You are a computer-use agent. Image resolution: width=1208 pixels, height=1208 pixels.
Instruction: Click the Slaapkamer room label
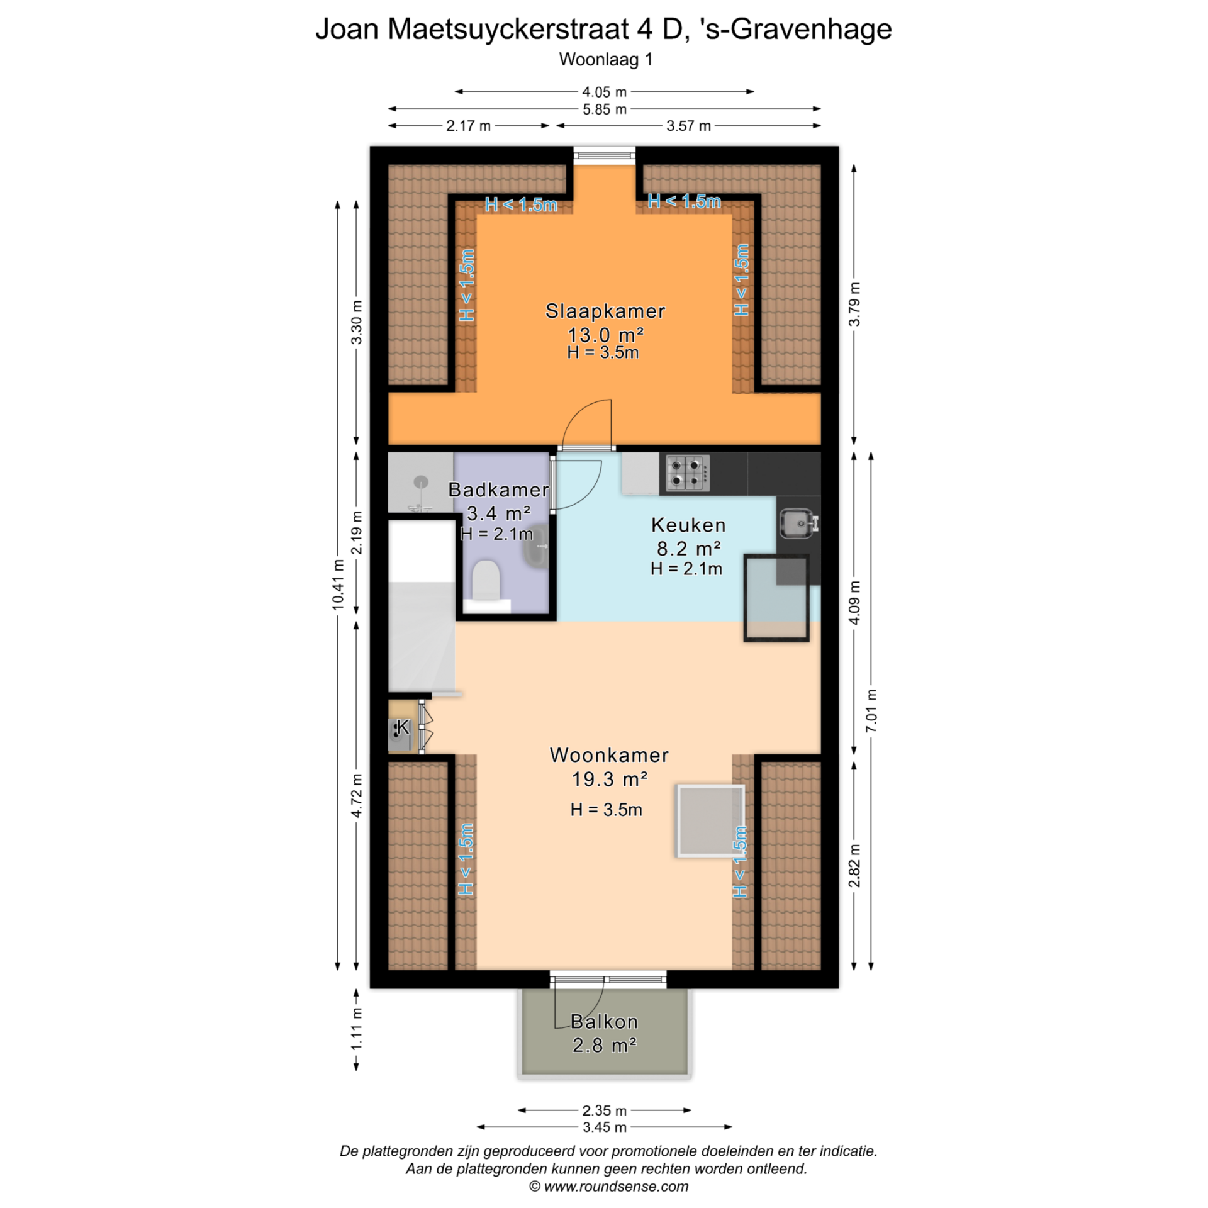pyautogui.click(x=605, y=311)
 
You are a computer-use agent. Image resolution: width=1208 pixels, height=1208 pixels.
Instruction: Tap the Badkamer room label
pyautogui.click(x=498, y=489)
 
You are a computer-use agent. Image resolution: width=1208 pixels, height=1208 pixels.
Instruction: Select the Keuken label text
pyautogui.click(x=688, y=525)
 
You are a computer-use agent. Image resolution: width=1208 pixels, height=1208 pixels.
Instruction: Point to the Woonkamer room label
pyautogui.click(x=609, y=755)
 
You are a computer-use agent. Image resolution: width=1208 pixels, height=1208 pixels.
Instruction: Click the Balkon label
pyautogui.click(x=604, y=1022)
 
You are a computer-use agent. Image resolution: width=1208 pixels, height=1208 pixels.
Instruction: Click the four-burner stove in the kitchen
pyautogui.click(x=688, y=473)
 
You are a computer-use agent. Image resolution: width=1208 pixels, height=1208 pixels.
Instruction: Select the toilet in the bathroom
pyautogui.click(x=486, y=579)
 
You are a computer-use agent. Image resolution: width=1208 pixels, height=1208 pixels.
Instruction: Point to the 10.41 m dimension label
pyautogui.click(x=338, y=584)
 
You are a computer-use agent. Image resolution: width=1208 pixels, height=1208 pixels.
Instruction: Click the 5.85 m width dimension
pyautogui.click(x=605, y=109)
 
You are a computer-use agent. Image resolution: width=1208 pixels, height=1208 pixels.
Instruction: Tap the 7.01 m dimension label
pyautogui.click(x=871, y=710)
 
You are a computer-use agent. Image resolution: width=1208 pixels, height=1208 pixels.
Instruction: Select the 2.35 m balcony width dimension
pyautogui.click(x=605, y=1110)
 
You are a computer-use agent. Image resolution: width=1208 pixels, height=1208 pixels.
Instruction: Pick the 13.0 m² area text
pyautogui.click(x=605, y=334)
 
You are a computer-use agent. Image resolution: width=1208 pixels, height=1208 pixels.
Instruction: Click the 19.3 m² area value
pyautogui.click(x=609, y=780)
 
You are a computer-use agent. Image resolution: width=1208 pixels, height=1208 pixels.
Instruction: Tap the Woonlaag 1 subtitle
pyautogui.click(x=605, y=60)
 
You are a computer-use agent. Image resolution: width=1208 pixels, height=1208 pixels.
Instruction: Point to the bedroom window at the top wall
pyautogui.click(x=605, y=155)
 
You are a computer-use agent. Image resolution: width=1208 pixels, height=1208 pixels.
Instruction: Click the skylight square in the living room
pyautogui.click(x=710, y=820)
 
